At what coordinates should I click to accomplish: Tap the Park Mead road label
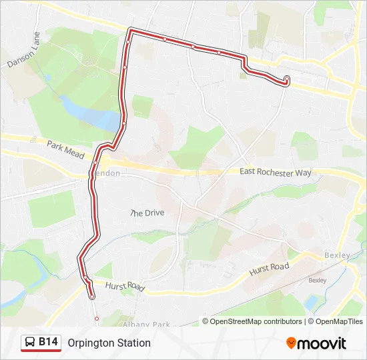pyautogui.click(x=65, y=149)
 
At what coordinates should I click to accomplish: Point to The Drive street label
pyautogui.click(x=147, y=213)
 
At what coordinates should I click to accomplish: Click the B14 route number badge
pyautogui.click(x=48, y=342)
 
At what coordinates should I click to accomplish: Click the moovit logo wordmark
pyautogui.click(x=322, y=343)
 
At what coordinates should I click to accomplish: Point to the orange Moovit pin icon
pyautogui.click(x=291, y=343)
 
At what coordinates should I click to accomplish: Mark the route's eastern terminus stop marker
pyautogui.click(x=287, y=79)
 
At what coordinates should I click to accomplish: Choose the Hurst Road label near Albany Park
pyautogui.click(x=125, y=285)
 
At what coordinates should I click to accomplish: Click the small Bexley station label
pyautogui.click(x=317, y=281)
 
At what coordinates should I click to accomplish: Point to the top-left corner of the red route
pyautogui.click(x=131, y=30)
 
